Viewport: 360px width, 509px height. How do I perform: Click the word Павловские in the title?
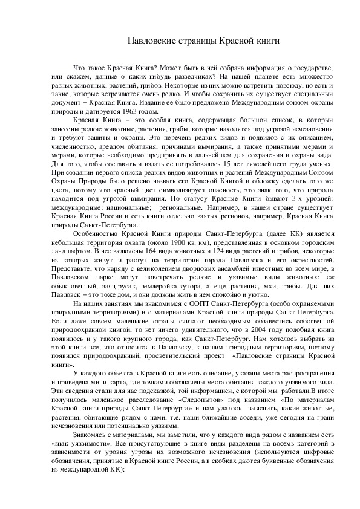(151, 41)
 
